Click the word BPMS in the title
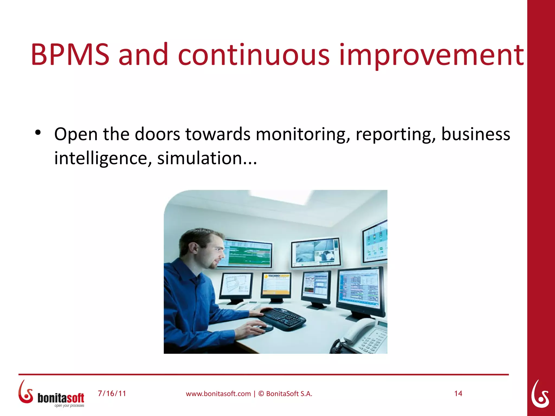coord(70,55)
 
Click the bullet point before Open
coord(38,133)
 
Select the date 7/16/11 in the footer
coord(112,393)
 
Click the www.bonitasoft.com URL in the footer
coord(218,394)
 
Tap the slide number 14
coord(458,393)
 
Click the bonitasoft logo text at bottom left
coord(61,398)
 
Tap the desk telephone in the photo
coord(366,336)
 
